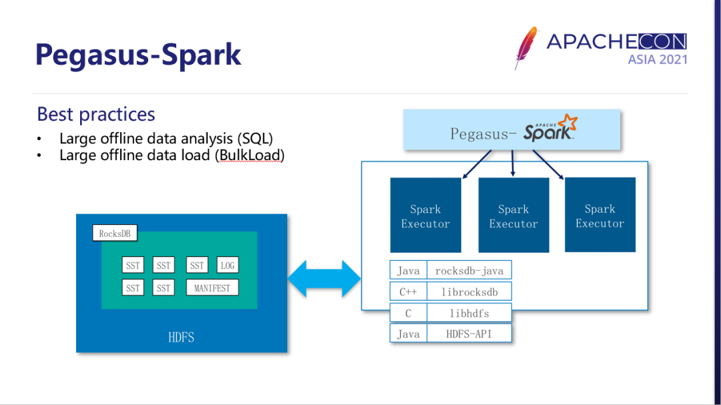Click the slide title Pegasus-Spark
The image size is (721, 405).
pos(138,54)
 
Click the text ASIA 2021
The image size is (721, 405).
pos(657,59)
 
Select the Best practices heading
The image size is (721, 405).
pos(96,114)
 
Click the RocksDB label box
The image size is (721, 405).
pos(114,234)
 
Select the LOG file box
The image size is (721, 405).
pos(228,266)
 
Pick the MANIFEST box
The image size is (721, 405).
pos(212,288)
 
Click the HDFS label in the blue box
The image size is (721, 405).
pos(181,337)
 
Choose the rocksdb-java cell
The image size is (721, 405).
pos(469,270)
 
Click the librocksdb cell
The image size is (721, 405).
pos(469,292)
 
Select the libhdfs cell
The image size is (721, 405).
pos(469,313)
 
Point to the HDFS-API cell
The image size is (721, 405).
pos(469,334)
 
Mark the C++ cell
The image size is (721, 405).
pos(408,292)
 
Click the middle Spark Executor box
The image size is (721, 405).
pos(513,216)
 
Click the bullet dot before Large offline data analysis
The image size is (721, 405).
pos(39,139)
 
